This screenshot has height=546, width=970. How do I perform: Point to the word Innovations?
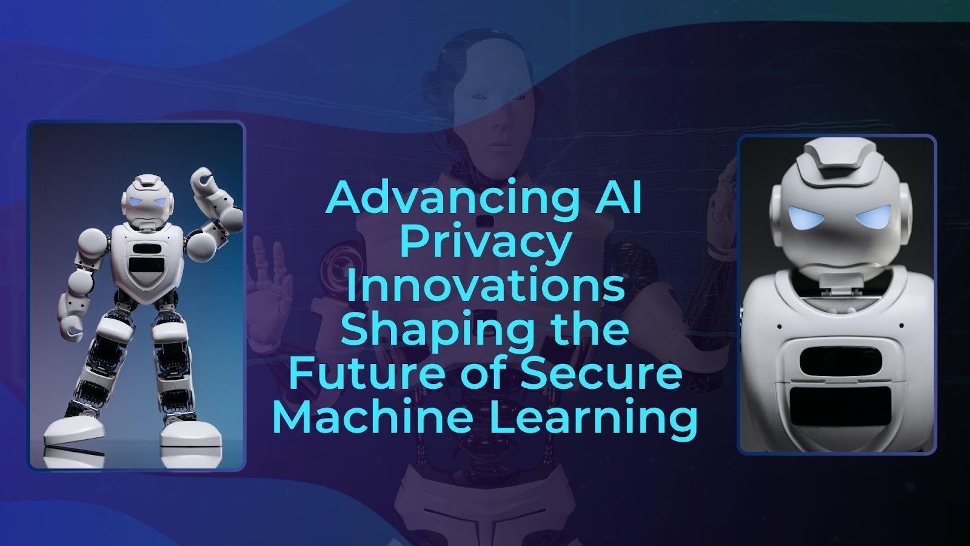(x=486, y=285)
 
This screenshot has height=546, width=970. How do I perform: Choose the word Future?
(x=367, y=373)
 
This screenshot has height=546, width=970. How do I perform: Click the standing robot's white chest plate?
(x=147, y=255)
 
